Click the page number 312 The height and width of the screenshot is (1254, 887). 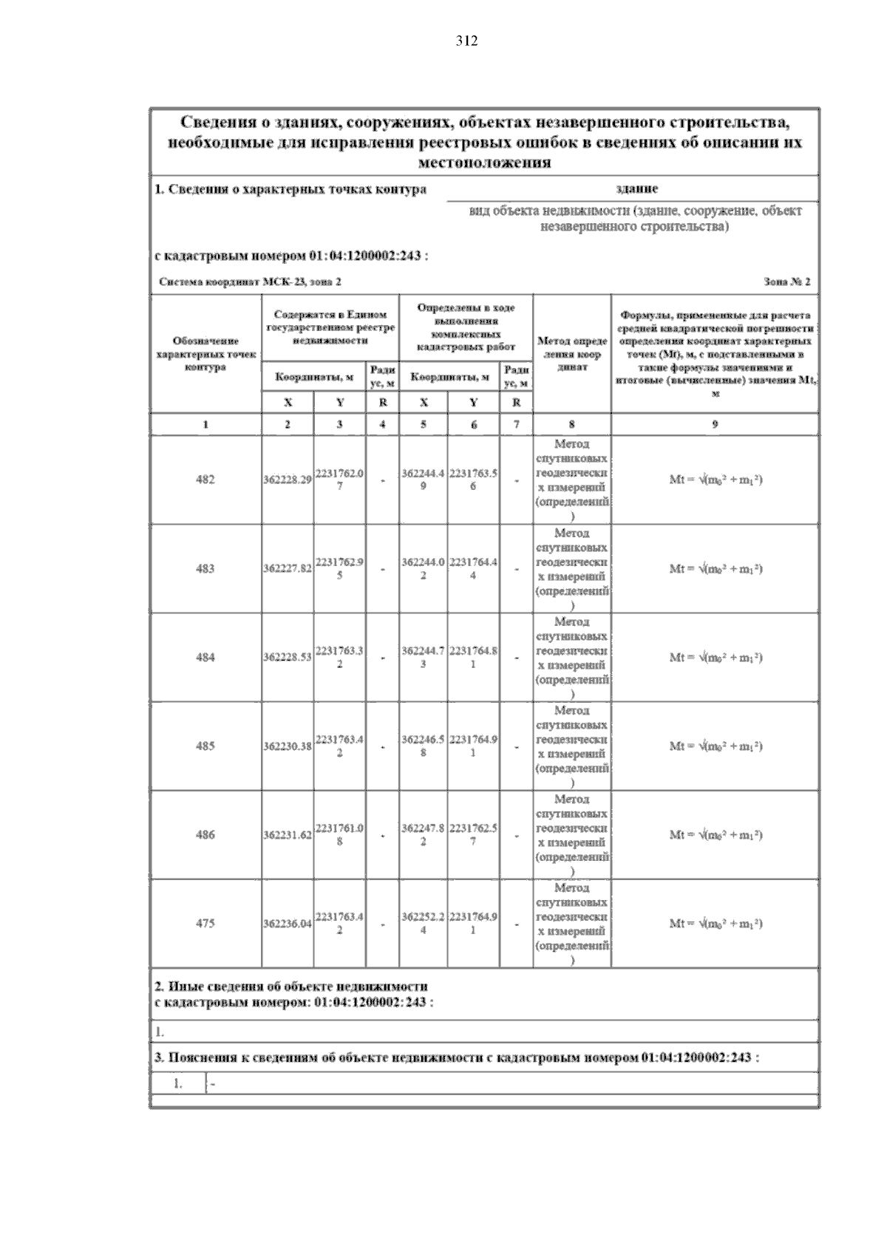tap(466, 41)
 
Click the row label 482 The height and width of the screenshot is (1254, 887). tap(205, 480)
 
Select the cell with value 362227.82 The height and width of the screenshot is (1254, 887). tap(288, 569)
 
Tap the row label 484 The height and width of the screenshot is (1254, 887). tap(205, 657)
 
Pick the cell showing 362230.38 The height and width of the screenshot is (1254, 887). tap(288, 746)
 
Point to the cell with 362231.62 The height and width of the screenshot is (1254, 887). tap(288, 835)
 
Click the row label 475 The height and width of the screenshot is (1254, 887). tap(205, 923)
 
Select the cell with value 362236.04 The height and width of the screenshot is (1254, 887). tap(288, 924)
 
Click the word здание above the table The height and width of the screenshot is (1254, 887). tap(636, 189)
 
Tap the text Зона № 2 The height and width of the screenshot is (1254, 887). tap(787, 282)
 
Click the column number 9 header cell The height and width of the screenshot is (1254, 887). tap(715, 424)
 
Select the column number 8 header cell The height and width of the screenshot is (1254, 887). tap(571, 424)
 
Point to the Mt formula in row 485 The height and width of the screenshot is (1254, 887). tap(716, 746)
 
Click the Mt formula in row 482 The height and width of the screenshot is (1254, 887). tap(716, 480)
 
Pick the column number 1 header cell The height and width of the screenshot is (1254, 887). tap(205, 424)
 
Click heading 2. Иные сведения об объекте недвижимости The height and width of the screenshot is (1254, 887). tap(291, 986)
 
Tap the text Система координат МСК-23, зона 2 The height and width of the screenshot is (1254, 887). tap(251, 282)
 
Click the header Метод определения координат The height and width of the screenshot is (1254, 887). tap(571, 354)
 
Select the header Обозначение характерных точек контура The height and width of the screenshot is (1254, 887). tap(205, 354)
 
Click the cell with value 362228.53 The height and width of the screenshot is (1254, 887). tap(288, 658)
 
